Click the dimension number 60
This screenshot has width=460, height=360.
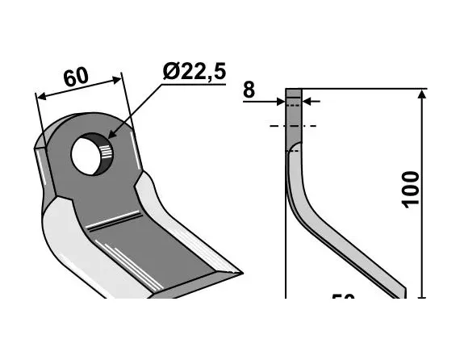[76, 78]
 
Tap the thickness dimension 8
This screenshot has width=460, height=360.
[249, 90]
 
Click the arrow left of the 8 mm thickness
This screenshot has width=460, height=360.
[280, 102]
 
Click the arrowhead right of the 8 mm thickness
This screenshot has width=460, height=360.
[312, 102]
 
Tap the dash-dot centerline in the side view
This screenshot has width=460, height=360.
[293, 126]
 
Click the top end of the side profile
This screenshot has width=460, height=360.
[293, 91]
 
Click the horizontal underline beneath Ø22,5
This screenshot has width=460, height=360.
[193, 82]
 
